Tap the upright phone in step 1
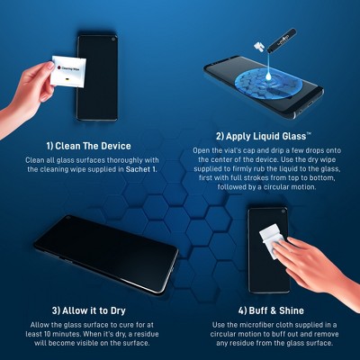click(x=96, y=76)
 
